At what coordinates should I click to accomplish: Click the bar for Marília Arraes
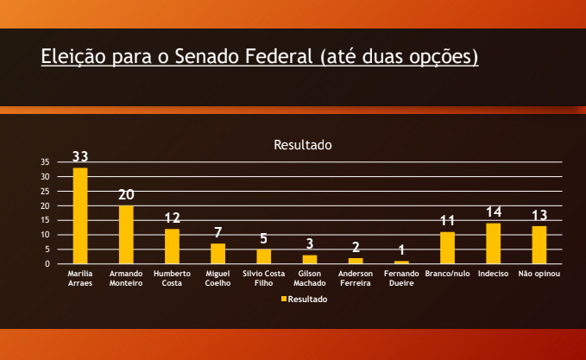[x=80, y=216]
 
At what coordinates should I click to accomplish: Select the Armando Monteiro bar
[x=126, y=234]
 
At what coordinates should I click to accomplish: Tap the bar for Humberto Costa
[x=172, y=246]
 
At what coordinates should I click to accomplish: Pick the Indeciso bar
[x=494, y=243]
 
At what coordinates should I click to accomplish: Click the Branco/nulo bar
[x=447, y=248]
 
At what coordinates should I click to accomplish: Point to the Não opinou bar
[x=539, y=244]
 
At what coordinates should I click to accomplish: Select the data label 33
[x=80, y=157]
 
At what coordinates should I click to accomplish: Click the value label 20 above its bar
[x=126, y=195]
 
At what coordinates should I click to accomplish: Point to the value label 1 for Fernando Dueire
[x=401, y=250]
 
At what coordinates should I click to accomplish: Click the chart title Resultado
[x=303, y=145]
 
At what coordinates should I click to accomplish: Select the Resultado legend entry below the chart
[x=304, y=299]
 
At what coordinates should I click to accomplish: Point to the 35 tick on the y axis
[x=45, y=162]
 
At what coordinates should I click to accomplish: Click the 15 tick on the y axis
[x=45, y=220]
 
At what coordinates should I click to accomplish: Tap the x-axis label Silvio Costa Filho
[x=263, y=278]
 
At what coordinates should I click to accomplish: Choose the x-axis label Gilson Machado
[x=309, y=278]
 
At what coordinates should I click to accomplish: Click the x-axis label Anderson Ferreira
[x=356, y=278]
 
